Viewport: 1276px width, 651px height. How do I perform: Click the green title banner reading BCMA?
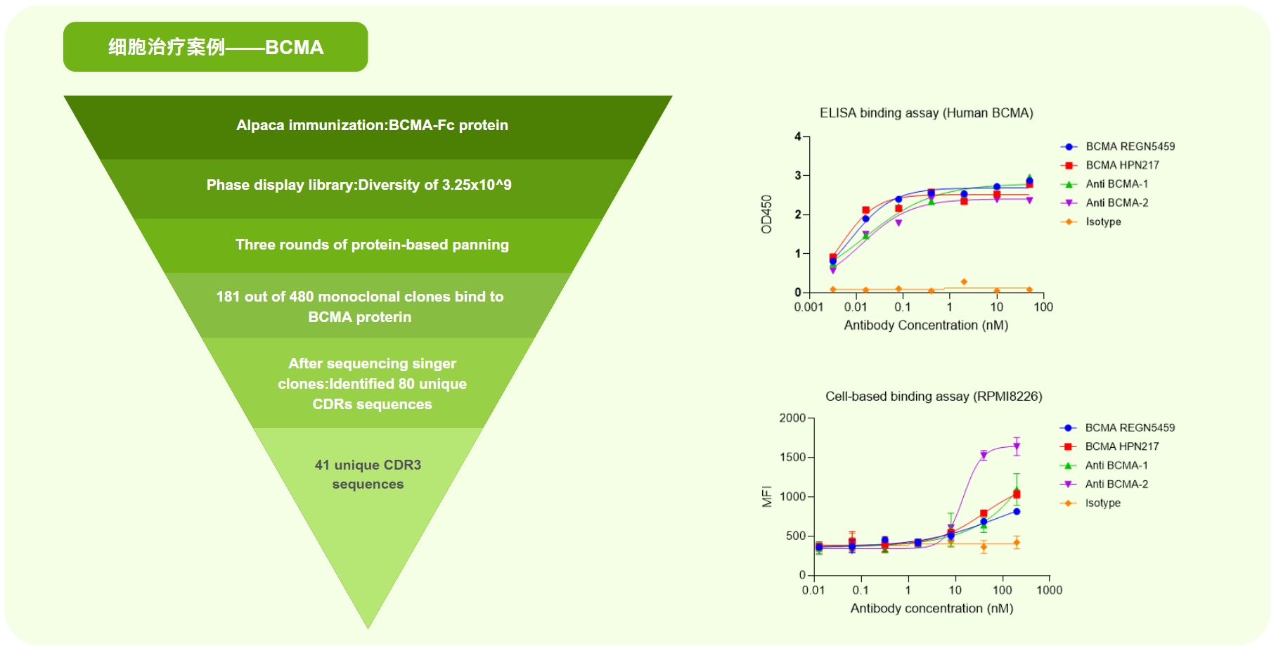pyautogui.click(x=215, y=47)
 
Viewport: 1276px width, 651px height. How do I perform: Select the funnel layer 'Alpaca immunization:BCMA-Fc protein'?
pyautogui.click(x=372, y=125)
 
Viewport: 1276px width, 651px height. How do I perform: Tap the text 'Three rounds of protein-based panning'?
pyautogui.click(x=372, y=245)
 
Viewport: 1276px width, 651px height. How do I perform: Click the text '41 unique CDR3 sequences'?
pyautogui.click(x=368, y=475)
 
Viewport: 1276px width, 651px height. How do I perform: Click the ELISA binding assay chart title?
pyautogui.click(x=926, y=113)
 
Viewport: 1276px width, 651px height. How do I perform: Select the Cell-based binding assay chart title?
pyautogui.click(x=934, y=397)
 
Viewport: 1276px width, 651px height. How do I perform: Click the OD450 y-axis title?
pyautogui.click(x=766, y=214)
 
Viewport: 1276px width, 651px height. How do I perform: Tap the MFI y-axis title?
pyautogui.click(x=767, y=496)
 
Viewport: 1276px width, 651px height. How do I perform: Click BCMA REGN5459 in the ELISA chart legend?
pyautogui.click(x=1130, y=146)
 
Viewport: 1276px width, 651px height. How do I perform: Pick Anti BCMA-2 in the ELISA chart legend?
pyautogui.click(x=1116, y=203)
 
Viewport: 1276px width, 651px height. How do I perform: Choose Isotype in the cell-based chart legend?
pyautogui.click(x=1102, y=503)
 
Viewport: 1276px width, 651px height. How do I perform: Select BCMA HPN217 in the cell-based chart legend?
pyautogui.click(x=1121, y=446)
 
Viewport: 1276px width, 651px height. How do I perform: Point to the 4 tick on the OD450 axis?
pyautogui.click(x=798, y=136)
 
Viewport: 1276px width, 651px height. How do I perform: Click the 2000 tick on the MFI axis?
pyautogui.click(x=792, y=418)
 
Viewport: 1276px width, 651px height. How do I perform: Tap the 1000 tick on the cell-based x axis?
pyautogui.click(x=1049, y=591)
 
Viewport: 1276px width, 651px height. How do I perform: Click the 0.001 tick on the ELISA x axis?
pyautogui.click(x=808, y=307)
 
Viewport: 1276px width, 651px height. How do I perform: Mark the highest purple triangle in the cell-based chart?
pyautogui.click(x=1017, y=446)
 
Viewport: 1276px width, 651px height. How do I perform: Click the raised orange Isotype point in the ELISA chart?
pyautogui.click(x=964, y=282)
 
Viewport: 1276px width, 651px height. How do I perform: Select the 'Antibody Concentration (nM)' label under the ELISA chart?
pyautogui.click(x=926, y=325)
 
